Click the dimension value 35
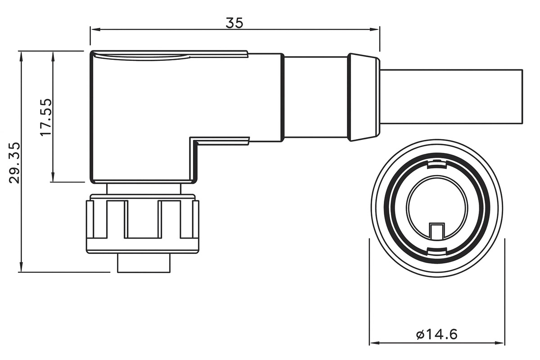click(234, 22)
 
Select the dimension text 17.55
click(45, 117)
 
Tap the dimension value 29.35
click(14, 162)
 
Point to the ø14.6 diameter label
click(436, 334)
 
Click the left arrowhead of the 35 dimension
click(94, 30)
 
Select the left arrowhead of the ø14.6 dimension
click(373, 343)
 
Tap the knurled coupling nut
click(142, 223)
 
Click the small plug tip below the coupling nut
click(144, 263)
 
